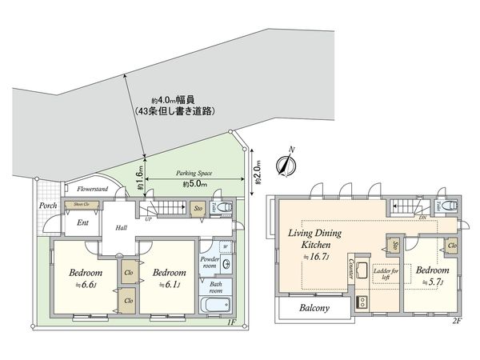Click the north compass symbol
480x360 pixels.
point(286,163)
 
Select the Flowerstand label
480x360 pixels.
point(92,190)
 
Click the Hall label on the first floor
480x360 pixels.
point(122,228)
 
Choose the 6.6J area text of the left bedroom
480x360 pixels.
point(80,282)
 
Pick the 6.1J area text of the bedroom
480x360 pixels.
point(169,283)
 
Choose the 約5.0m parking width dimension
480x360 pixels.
point(194,185)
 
